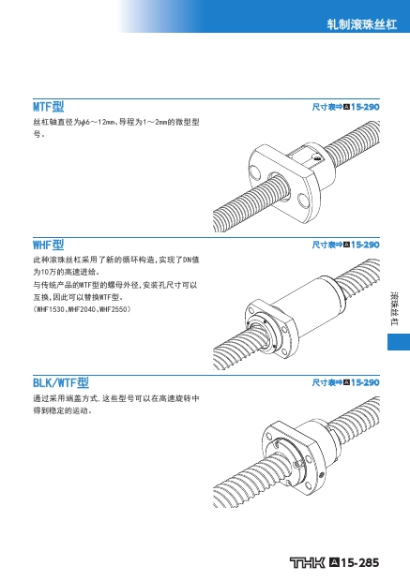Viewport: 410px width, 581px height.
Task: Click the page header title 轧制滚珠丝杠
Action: click(362, 24)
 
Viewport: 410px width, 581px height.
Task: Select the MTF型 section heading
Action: click(49, 107)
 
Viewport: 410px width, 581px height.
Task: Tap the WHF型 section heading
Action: click(49, 245)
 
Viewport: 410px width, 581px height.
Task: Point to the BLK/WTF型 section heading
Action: click(61, 382)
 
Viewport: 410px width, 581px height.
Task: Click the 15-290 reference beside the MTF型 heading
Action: click(365, 107)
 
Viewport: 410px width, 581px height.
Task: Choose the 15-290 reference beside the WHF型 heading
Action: click(365, 245)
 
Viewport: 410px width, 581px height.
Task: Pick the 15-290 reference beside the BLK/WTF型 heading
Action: click(365, 382)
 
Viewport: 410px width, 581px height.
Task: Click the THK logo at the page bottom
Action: click(308, 562)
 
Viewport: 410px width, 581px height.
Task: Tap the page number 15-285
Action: click(359, 562)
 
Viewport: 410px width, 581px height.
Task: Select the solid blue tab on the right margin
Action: click(399, 342)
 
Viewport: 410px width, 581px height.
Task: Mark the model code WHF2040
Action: click(83, 309)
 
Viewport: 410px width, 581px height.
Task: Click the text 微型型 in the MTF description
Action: click(188, 122)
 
